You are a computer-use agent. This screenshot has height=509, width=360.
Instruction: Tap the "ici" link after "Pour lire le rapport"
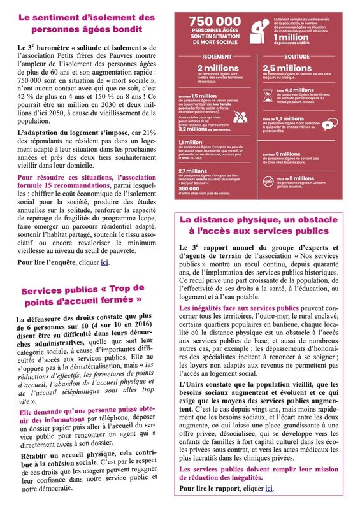[269, 489]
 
